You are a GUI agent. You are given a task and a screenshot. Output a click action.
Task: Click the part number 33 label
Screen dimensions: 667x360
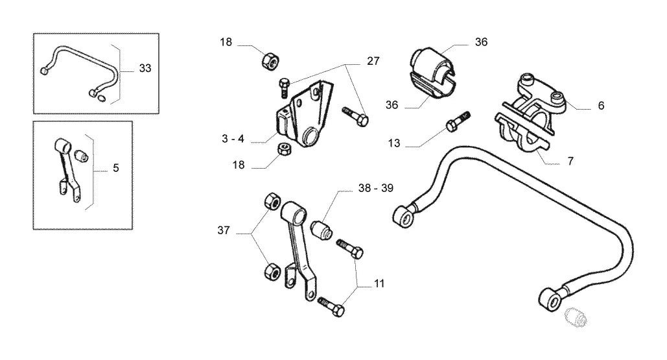click(x=145, y=68)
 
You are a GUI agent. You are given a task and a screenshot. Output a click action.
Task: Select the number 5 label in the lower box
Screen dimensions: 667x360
click(x=115, y=168)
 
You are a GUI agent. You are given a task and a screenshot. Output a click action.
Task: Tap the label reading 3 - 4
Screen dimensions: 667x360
click(x=233, y=139)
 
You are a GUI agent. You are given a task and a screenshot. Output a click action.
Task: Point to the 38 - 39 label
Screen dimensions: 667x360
click(x=375, y=188)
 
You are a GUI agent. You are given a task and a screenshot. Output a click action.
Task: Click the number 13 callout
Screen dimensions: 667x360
click(x=394, y=143)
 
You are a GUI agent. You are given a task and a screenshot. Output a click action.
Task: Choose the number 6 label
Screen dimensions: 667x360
click(x=601, y=106)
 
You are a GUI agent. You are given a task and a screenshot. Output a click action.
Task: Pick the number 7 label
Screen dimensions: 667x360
click(x=570, y=162)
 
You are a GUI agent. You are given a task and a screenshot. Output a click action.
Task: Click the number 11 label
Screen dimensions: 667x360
click(x=379, y=283)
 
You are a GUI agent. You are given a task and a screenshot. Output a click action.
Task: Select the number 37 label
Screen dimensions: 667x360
click(x=224, y=231)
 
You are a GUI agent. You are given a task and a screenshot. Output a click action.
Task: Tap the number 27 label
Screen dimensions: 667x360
click(x=373, y=61)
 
